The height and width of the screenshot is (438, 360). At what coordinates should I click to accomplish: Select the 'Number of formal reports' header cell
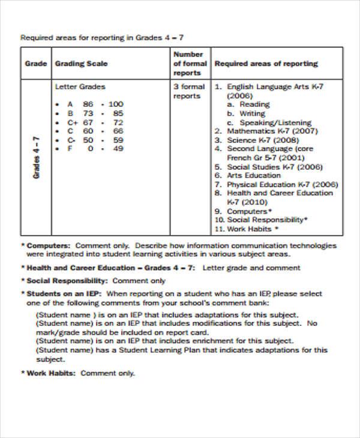click(190, 64)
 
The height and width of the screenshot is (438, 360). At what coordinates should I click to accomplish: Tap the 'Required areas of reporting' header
click(266, 64)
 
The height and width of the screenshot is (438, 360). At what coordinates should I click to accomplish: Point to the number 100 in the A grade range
click(116, 104)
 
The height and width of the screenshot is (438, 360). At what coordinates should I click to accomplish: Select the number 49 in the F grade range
click(118, 149)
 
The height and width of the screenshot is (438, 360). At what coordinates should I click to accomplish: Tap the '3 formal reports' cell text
click(189, 91)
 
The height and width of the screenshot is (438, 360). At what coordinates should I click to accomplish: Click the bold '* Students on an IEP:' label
click(62, 294)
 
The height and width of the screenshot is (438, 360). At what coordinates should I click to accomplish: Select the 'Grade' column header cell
click(35, 64)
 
